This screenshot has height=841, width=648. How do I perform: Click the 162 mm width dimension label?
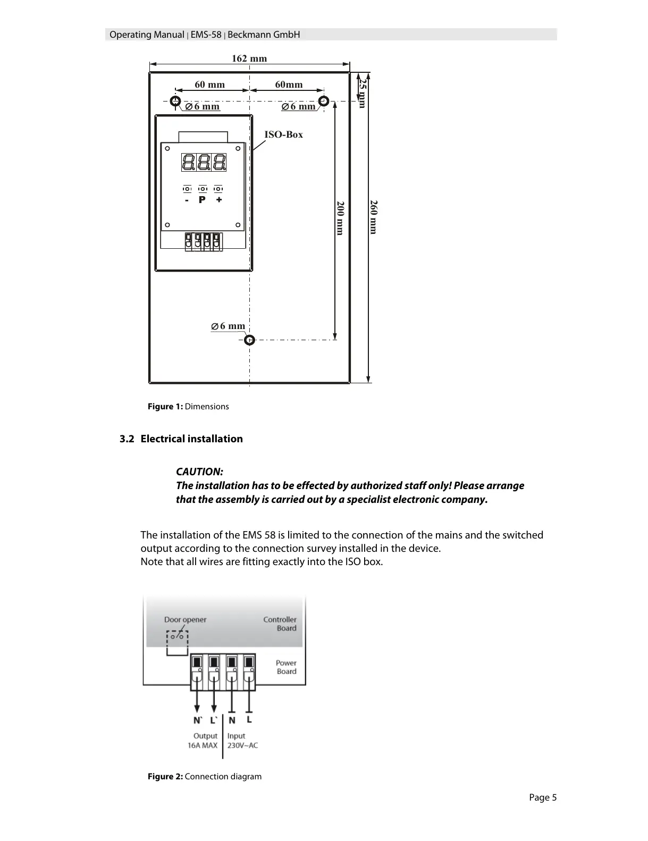[249, 58]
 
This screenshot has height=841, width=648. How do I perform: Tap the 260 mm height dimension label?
[374, 217]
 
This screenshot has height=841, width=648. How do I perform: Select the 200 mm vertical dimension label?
[341, 218]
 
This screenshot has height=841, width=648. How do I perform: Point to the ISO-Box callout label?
[283, 134]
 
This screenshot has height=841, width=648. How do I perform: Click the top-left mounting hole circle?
[175, 101]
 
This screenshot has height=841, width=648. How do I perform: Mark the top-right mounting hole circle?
[323, 101]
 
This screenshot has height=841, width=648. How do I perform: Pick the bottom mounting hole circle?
[249, 340]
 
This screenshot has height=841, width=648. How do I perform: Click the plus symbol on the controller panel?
[219, 200]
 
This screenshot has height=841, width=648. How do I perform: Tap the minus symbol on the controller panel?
[187, 200]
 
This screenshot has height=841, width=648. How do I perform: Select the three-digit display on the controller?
[204, 162]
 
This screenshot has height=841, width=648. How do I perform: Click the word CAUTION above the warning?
[199, 472]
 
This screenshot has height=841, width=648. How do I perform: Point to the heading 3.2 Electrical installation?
[181, 439]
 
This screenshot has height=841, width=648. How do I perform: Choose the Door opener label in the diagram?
[185, 619]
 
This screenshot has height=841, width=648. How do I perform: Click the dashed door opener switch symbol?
[177, 637]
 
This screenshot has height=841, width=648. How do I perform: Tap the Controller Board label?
[280, 624]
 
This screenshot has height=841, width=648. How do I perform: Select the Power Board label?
[286, 667]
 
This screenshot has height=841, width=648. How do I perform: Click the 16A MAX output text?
[203, 745]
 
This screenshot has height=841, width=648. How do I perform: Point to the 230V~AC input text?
[242, 745]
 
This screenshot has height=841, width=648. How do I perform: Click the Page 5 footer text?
[543, 797]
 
